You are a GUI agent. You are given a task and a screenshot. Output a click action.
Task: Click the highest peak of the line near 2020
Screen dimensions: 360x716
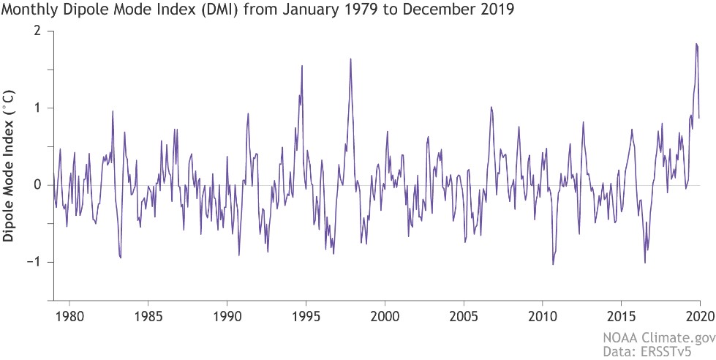(696, 44)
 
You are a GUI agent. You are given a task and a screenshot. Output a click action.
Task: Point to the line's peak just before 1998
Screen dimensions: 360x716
(350, 59)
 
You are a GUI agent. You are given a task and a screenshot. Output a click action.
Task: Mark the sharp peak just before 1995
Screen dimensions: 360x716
(302, 65)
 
